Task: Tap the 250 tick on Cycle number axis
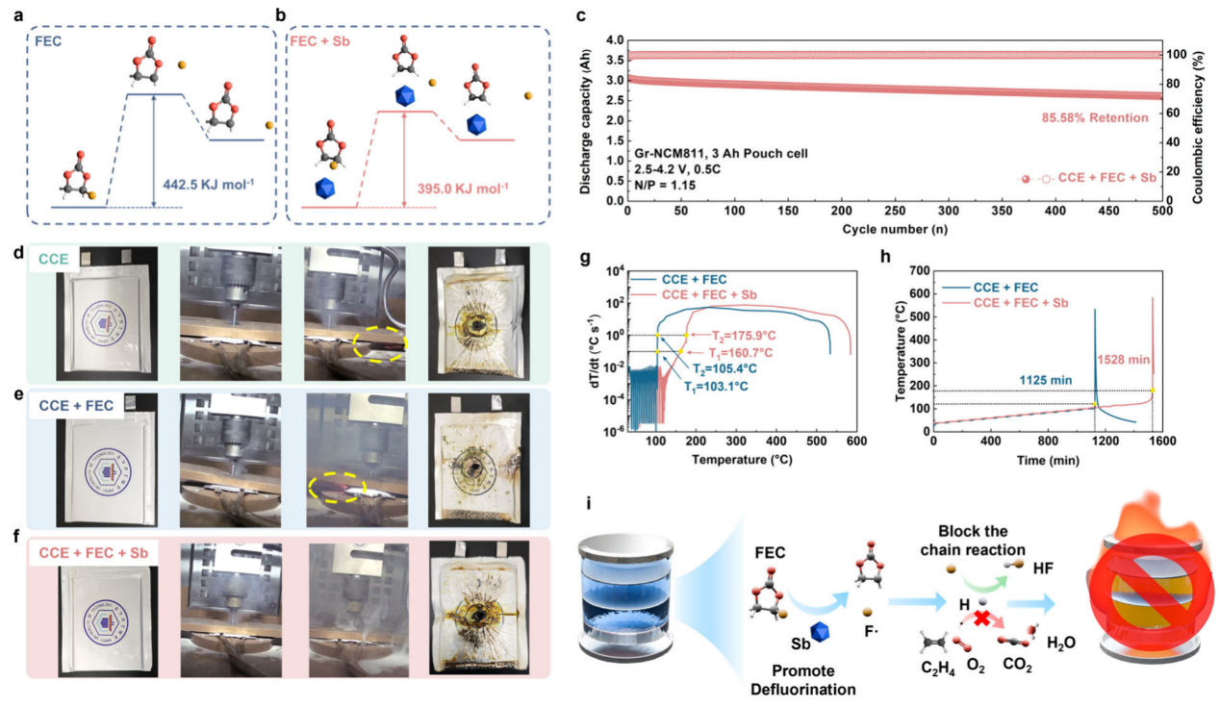tap(895, 210)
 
